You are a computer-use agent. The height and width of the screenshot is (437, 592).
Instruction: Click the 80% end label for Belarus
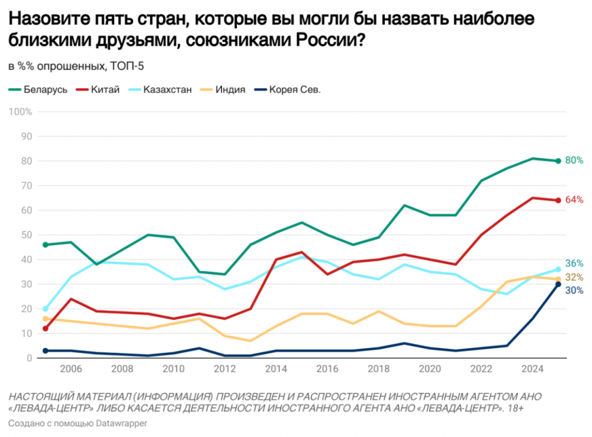[x=575, y=160]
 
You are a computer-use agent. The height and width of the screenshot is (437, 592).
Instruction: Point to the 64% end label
[x=575, y=200]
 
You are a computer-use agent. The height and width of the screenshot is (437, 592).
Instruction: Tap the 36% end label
[x=575, y=264]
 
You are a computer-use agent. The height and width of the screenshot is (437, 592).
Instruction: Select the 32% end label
[x=575, y=278]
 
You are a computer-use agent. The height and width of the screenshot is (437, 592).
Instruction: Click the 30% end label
[x=575, y=291]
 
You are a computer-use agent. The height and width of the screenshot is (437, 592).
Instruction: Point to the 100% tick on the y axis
[x=21, y=112]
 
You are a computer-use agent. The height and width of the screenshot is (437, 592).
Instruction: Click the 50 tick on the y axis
[x=27, y=235]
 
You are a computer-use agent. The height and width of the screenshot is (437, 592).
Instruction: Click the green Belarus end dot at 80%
[x=558, y=161]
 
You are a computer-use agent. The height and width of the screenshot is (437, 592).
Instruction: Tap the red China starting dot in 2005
[x=46, y=329]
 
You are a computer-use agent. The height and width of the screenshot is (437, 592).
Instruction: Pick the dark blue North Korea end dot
[x=558, y=284]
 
